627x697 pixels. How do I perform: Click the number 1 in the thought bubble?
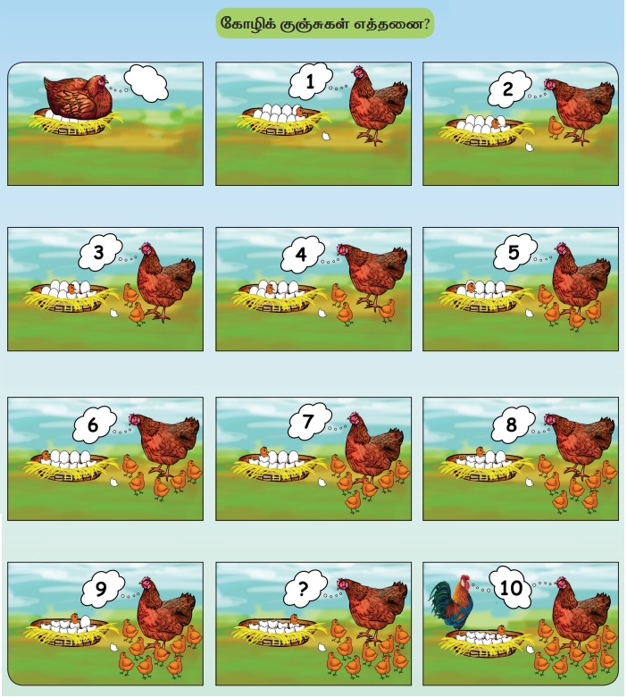[x=310, y=81]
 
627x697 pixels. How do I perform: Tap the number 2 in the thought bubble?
[x=508, y=89]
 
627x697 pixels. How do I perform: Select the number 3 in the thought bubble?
[x=98, y=252]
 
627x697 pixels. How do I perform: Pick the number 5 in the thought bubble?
[x=514, y=252]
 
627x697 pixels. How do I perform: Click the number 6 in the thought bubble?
[x=92, y=424]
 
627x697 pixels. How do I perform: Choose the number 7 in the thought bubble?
[x=308, y=422]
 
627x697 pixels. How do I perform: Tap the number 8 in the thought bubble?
[x=512, y=424]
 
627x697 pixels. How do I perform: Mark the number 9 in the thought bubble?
[x=101, y=589]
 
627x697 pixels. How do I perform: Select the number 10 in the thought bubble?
[x=511, y=588]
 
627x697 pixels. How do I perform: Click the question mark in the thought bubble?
[x=303, y=588]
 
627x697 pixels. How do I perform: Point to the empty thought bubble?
[x=146, y=83]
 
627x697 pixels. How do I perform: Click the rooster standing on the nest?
[x=451, y=602]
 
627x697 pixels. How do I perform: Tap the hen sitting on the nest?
[x=78, y=97]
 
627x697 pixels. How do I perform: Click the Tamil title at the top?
[x=324, y=23]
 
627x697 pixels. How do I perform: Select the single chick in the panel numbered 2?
[x=556, y=127]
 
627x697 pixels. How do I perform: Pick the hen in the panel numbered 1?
[x=378, y=105]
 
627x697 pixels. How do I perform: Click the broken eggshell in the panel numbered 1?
[x=326, y=135]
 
